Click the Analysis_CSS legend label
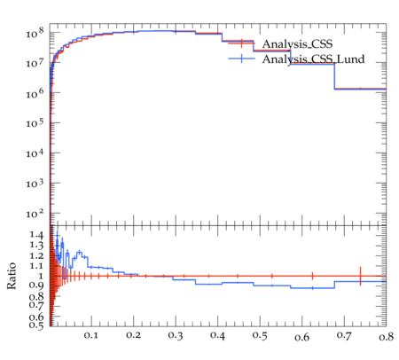coord(297,44)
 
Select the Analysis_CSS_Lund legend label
coord(313,59)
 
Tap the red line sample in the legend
coord(241,43)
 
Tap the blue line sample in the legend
coord(241,59)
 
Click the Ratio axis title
coord(12,276)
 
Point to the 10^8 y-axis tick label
coord(35,33)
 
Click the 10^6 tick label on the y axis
coord(35,93)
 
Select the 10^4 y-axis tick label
coord(35,153)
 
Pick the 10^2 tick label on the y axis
coord(35,214)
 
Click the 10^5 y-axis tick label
coord(35,123)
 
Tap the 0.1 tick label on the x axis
coord(90,335)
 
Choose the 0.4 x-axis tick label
coord(217,335)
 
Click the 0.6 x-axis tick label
coord(301,337)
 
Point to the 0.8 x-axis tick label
coord(386,337)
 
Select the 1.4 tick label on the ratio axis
coord(36,235)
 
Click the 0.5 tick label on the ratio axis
coord(36,325)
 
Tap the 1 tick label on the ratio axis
coord(41,276)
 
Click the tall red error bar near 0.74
coord(360,276)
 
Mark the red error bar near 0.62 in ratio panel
coord(312,276)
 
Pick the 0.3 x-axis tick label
coord(176,335)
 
